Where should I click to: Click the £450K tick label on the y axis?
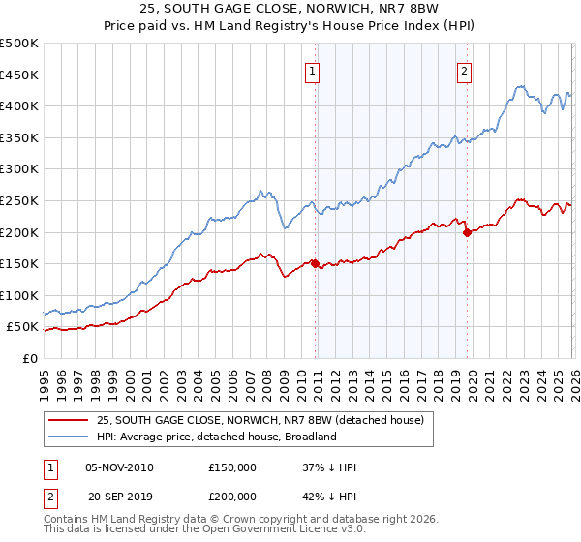click(19, 75)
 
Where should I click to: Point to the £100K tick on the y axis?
click(19, 295)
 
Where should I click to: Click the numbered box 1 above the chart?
click(315, 70)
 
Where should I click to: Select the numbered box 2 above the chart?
click(465, 70)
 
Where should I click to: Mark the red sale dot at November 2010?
click(316, 263)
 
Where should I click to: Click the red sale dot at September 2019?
click(467, 232)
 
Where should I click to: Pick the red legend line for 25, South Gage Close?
click(69, 420)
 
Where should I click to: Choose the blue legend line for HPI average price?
click(69, 437)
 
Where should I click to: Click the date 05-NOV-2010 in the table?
click(119, 467)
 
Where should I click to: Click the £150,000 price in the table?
click(232, 467)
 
